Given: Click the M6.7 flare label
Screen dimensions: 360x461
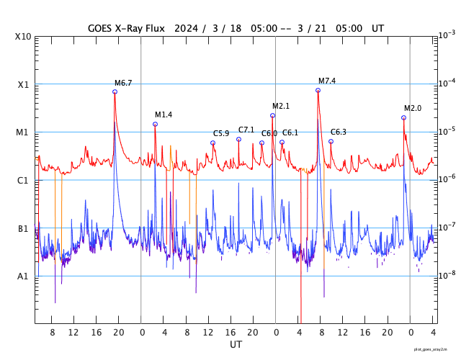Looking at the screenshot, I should tap(123, 84).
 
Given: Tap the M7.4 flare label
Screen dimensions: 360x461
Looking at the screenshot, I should tap(327, 81).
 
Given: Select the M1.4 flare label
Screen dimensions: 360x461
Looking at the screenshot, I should tap(164, 115).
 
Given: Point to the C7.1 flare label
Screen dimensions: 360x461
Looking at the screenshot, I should tap(246, 130).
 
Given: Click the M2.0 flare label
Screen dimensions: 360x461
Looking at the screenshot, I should tap(412, 109).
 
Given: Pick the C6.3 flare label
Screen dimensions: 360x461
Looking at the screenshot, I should tap(338, 132).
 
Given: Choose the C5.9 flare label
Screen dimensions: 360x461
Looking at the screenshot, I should tap(221, 134).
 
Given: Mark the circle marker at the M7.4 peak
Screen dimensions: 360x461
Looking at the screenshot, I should tap(318, 90).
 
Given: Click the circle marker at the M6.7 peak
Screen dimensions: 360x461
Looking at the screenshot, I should tap(115, 91).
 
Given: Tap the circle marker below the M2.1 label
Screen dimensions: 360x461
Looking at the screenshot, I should tap(272, 115).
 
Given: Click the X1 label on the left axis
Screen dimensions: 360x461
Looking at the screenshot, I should tap(24, 84).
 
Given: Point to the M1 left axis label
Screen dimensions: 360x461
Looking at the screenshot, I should tap(24, 132).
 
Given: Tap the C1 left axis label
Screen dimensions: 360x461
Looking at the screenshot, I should tap(24, 181).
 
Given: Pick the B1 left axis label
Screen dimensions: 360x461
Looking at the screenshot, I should tap(24, 229).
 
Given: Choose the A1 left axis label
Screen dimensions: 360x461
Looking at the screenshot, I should tap(24, 276).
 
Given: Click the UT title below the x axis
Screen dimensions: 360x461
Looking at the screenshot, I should tap(236, 345).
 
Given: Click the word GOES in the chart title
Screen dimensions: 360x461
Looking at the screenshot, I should tap(102, 28).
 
